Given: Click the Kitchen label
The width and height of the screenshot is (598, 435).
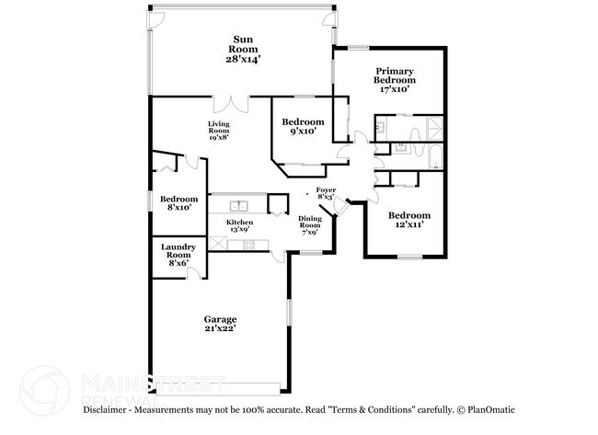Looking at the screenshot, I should tap(240, 223).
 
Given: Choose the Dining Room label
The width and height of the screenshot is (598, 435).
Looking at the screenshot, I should tap(310, 222).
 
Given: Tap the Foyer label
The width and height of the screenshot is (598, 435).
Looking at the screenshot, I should tap(326, 190).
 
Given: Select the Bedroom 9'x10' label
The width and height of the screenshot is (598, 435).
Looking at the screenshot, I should tap(303, 122).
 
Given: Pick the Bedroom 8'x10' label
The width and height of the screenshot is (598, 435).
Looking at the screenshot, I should tap(179, 200).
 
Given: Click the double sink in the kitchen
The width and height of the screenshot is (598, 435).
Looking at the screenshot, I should tap(240, 206).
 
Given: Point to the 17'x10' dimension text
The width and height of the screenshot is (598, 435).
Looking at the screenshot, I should tap(392, 89).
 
